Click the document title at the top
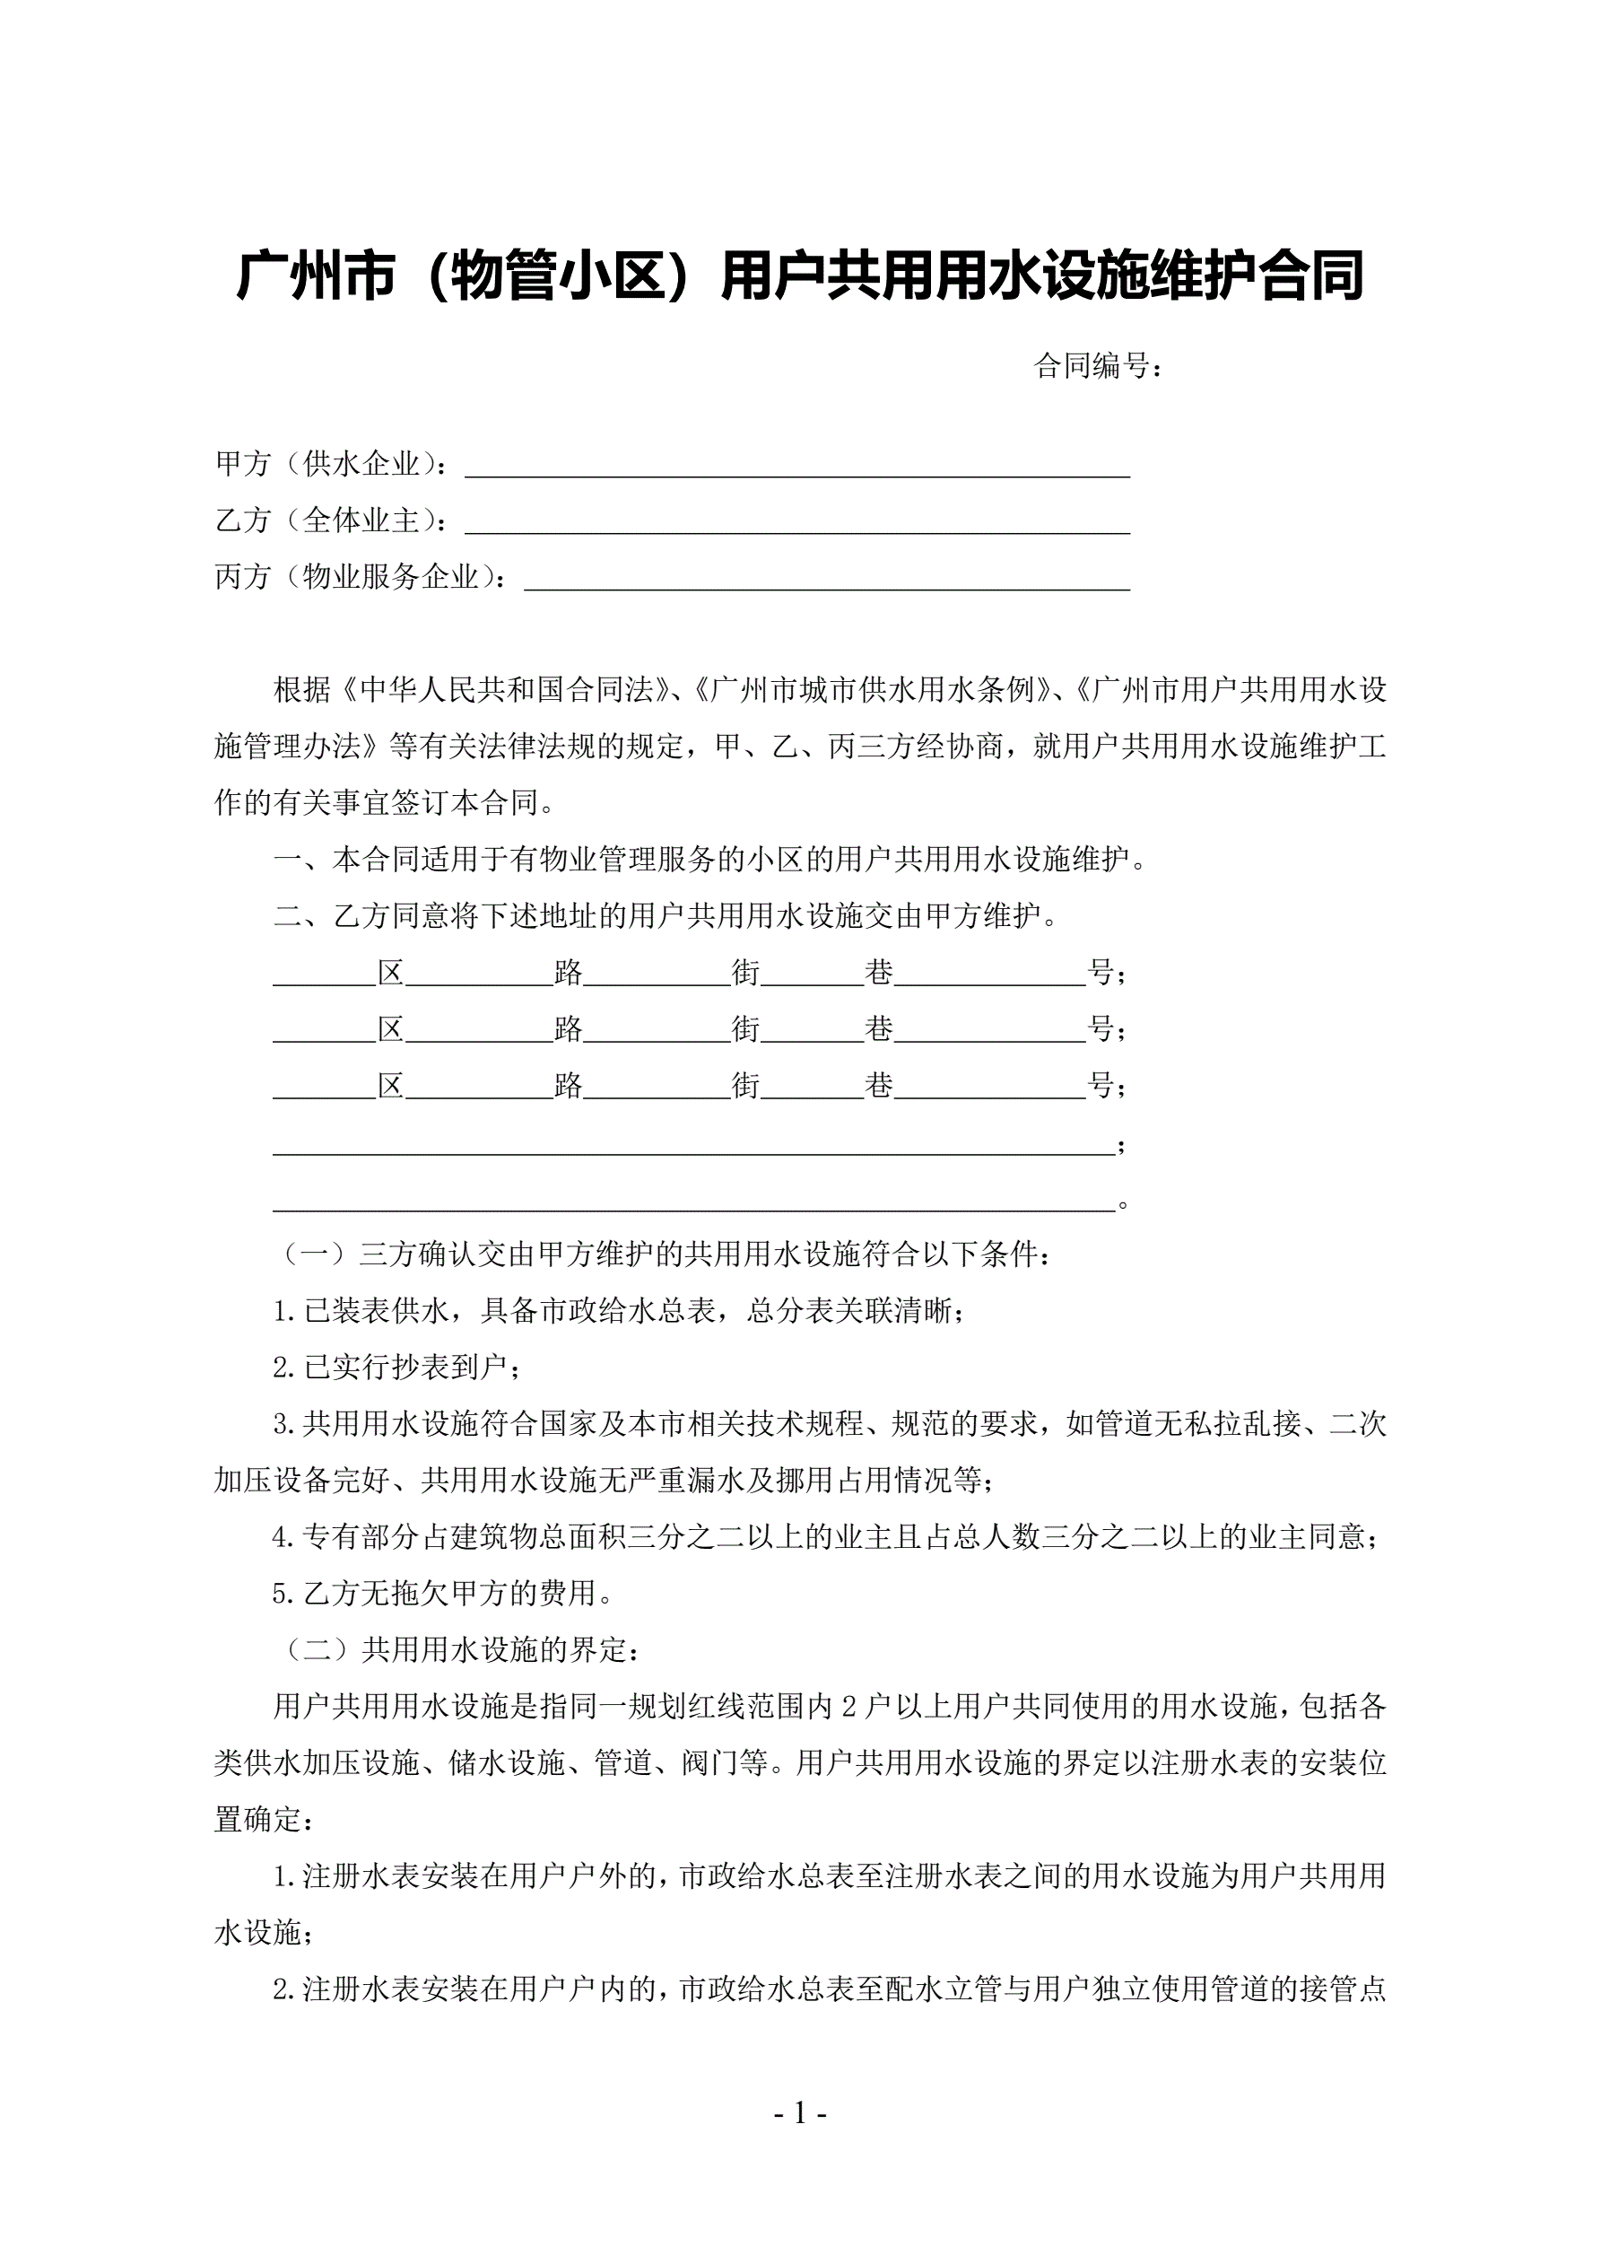pos(799,275)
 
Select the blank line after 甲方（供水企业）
pos(796,466)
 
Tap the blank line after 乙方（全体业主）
pos(796,521)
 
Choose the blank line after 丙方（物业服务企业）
pos(826,579)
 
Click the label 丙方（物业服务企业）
pos(361,577)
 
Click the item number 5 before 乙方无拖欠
pos(281,1594)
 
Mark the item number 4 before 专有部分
pos(281,1536)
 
